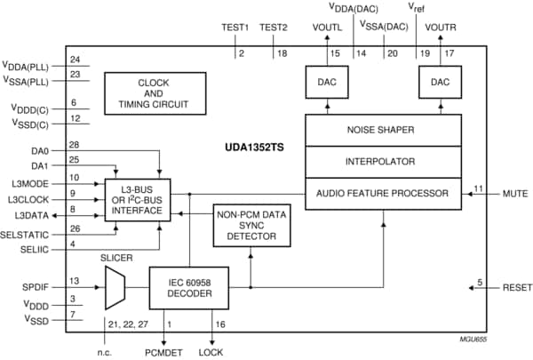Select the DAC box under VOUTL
tap(328, 84)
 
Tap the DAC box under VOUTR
tap(440, 84)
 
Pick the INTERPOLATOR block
tap(384, 161)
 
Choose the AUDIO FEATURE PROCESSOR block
tap(384, 193)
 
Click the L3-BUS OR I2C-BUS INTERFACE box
tap(138, 201)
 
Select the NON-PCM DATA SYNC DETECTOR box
tap(251, 226)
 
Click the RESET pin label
tap(515, 290)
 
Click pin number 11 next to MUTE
tap(479, 188)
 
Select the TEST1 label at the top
tap(235, 28)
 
